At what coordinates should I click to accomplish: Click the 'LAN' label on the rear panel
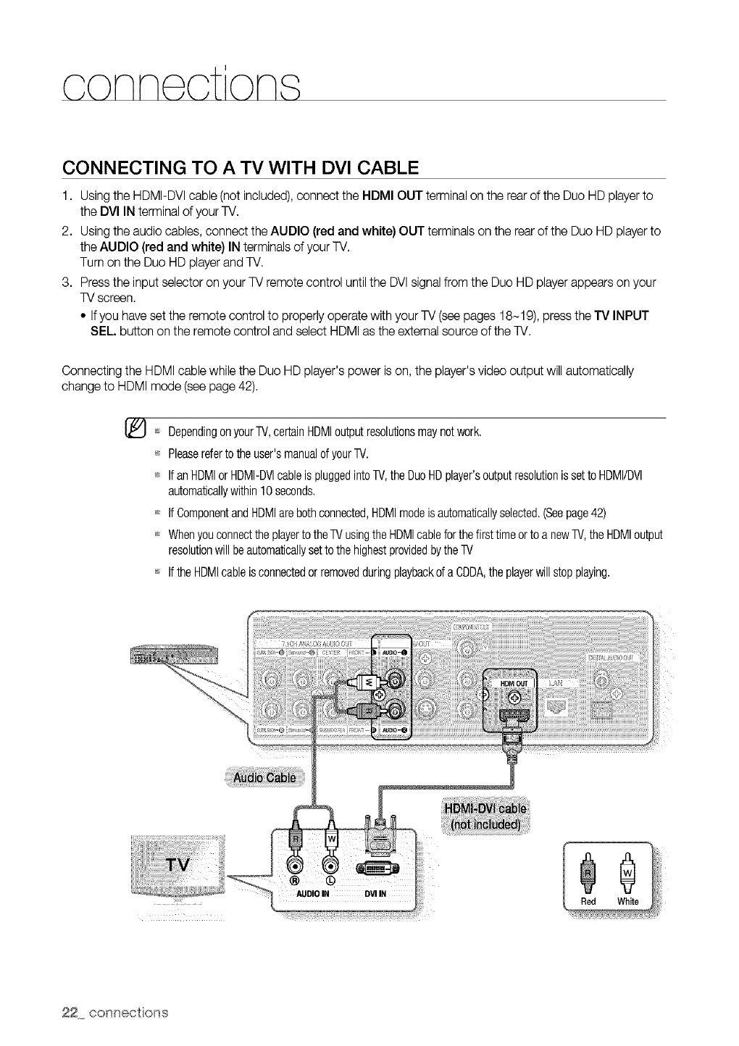(x=555, y=682)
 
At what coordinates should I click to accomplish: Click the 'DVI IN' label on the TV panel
(x=376, y=892)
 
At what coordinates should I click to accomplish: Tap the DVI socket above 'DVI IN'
(x=377, y=869)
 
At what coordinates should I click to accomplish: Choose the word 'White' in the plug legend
(x=627, y=901)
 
